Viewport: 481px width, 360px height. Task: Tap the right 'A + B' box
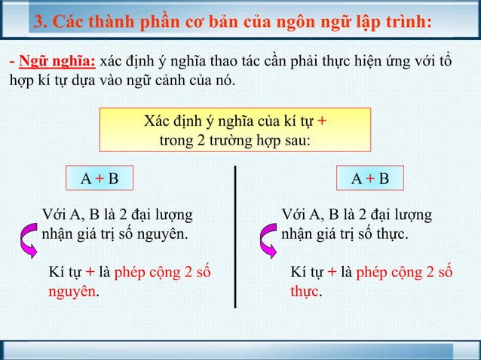pyautogui.click(x=370, y=178)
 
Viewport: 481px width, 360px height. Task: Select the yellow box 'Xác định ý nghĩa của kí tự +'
pyautogui.click(x=235, y=130)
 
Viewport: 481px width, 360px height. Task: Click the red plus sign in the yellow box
pyautogui.click(x=322, y=121)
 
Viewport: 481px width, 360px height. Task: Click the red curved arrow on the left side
pyautogui.click(x=31, y=239)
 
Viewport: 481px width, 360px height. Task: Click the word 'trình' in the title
pyautogui.click(x=408, y=20)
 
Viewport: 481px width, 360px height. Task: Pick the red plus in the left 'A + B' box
pyautogui.click(x=100, y=178)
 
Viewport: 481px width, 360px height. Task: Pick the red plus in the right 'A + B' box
pyautogui.click(x=370, y=178)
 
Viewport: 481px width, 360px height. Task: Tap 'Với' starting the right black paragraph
pyautogui.click(x=293, y=215)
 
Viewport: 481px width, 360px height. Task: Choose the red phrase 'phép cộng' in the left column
pyautogui.click(x=151, y=272)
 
